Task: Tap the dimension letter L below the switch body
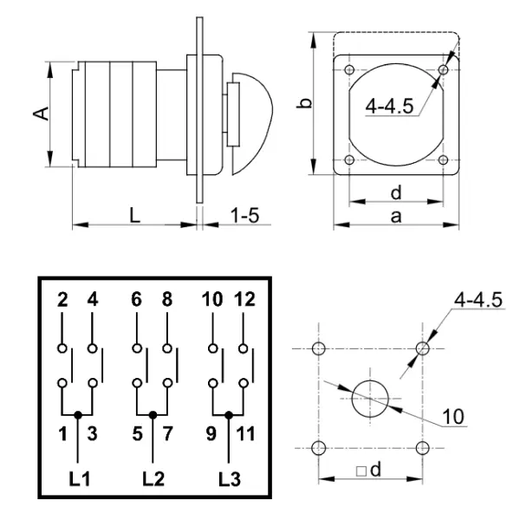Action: (x=135, y=215)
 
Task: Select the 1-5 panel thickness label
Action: (x=244, y=214)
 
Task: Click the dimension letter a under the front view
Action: (x=395, y=217)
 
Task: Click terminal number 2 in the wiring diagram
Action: (x=62, y=301)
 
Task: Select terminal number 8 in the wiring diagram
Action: (x=167, y=301)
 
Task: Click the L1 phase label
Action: (x=79, y=478)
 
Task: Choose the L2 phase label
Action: (x=153, y=478)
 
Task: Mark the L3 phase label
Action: (x=229, y=478)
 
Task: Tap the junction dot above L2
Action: (x=153, y=415)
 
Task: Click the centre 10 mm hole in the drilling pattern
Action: (x=371, y=398)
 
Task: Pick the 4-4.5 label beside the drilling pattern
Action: (x=478, y=301)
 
